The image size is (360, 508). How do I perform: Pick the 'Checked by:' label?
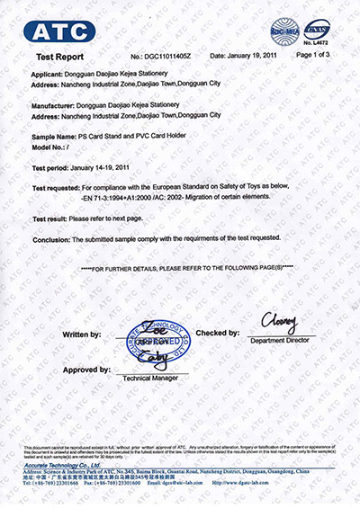(217, 333)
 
